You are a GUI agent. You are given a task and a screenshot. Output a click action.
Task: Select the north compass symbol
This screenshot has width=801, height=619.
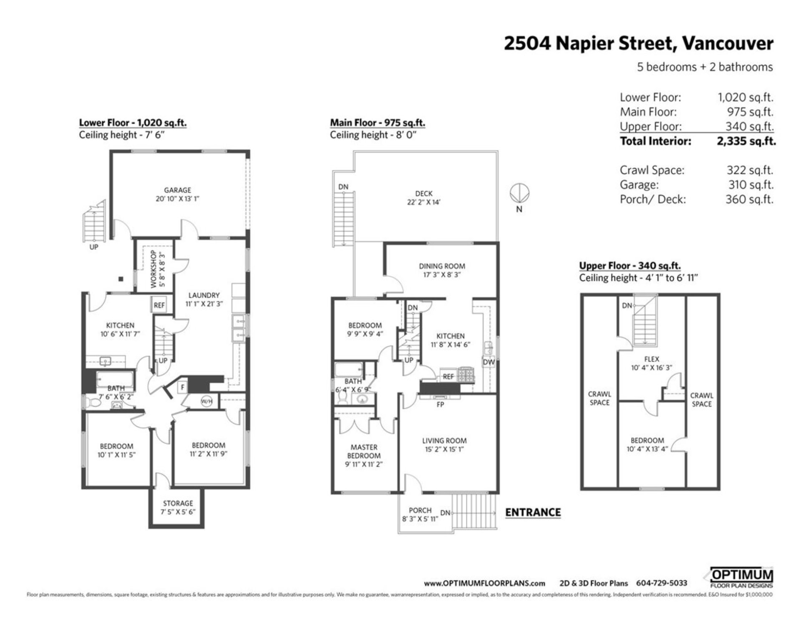520,194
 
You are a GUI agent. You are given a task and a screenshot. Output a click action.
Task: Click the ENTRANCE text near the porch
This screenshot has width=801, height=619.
533,512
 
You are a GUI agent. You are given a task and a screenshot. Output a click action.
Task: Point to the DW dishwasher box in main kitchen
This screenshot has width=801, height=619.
488,362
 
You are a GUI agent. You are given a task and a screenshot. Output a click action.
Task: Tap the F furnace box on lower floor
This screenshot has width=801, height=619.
182,387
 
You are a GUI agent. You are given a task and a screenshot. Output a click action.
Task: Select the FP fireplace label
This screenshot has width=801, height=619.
440,404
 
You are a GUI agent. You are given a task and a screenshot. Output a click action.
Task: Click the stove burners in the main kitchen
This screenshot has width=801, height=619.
466,375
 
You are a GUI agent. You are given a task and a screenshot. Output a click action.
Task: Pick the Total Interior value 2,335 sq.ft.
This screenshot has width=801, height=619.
746,141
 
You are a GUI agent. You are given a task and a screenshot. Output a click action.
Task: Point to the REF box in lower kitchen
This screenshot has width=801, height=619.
159,305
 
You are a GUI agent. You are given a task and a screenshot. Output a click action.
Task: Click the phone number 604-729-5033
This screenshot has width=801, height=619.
661,583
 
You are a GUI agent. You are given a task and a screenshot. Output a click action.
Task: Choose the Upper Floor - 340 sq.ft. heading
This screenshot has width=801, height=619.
630,266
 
